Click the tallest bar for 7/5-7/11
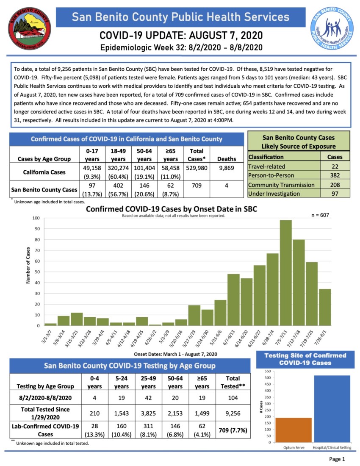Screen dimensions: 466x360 pyautogui.click(x=286, y=273)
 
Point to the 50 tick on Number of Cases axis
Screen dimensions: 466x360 pyautogui.click(x=36, y=272)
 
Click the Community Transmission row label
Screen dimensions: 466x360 pyautogui.click(x=281, y=185)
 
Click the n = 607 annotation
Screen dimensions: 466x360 pyautogui.click(x=319, y=215)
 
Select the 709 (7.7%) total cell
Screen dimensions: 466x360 pyautogui.click(x=233, y=430)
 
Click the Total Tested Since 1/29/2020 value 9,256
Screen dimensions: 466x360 pyautogui.click(x=233, y=413)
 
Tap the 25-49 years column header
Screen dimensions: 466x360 pyautogui.click(x=148, y=382)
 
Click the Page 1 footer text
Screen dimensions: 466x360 pyautogui.click(x=337, y=459)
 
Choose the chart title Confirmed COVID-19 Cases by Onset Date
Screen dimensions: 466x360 pyautogui.click(x=172, y=209)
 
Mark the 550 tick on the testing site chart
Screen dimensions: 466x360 pyautogui.click(x=268, y=371)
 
